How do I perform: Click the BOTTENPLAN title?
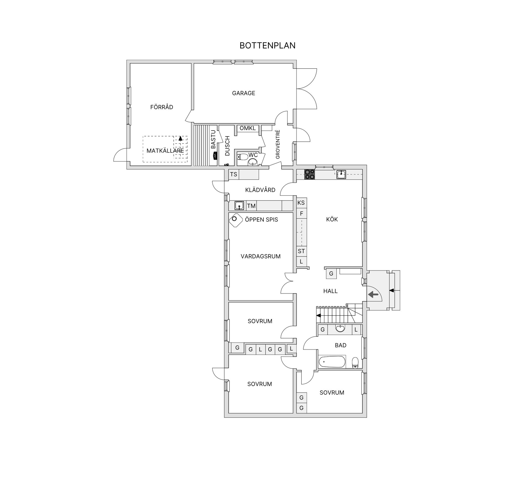tap(267, 46)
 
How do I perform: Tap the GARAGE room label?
tap(243, 93)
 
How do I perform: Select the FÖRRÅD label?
tap(162, 107)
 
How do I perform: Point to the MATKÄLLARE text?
tap(165, 151)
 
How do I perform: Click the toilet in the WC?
tap(243, 156)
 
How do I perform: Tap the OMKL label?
tap(248, 128)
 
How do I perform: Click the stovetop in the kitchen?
tap(310, 174)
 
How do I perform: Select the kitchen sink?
tap(341, 174)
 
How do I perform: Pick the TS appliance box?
tap(234, 174)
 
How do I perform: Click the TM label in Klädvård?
tap(251, 206)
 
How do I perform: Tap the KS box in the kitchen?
tap(301, 203)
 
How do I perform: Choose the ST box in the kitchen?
tap(301, 251)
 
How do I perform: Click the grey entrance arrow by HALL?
tap(373, 294)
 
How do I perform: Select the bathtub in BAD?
tap(332, 362)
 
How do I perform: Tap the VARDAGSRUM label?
tap(261, 256)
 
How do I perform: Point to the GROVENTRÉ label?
tap(278, 144)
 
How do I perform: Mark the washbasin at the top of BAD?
tap(340, 328)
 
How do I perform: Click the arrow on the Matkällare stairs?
tap(180, 138)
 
